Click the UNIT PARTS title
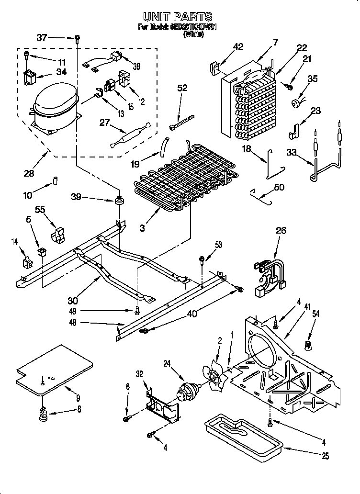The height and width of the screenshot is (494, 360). pyautogui.click(x=178, y=18)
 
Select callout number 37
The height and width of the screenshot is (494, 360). pyautogui.click(x=42, y=37)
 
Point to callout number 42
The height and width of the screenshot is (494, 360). pyautogui.click(x=238, y=46)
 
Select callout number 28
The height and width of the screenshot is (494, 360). pyautogui.click(x=29, y=173)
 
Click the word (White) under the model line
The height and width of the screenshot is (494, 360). pyautogui.click(x=193, y=35)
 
